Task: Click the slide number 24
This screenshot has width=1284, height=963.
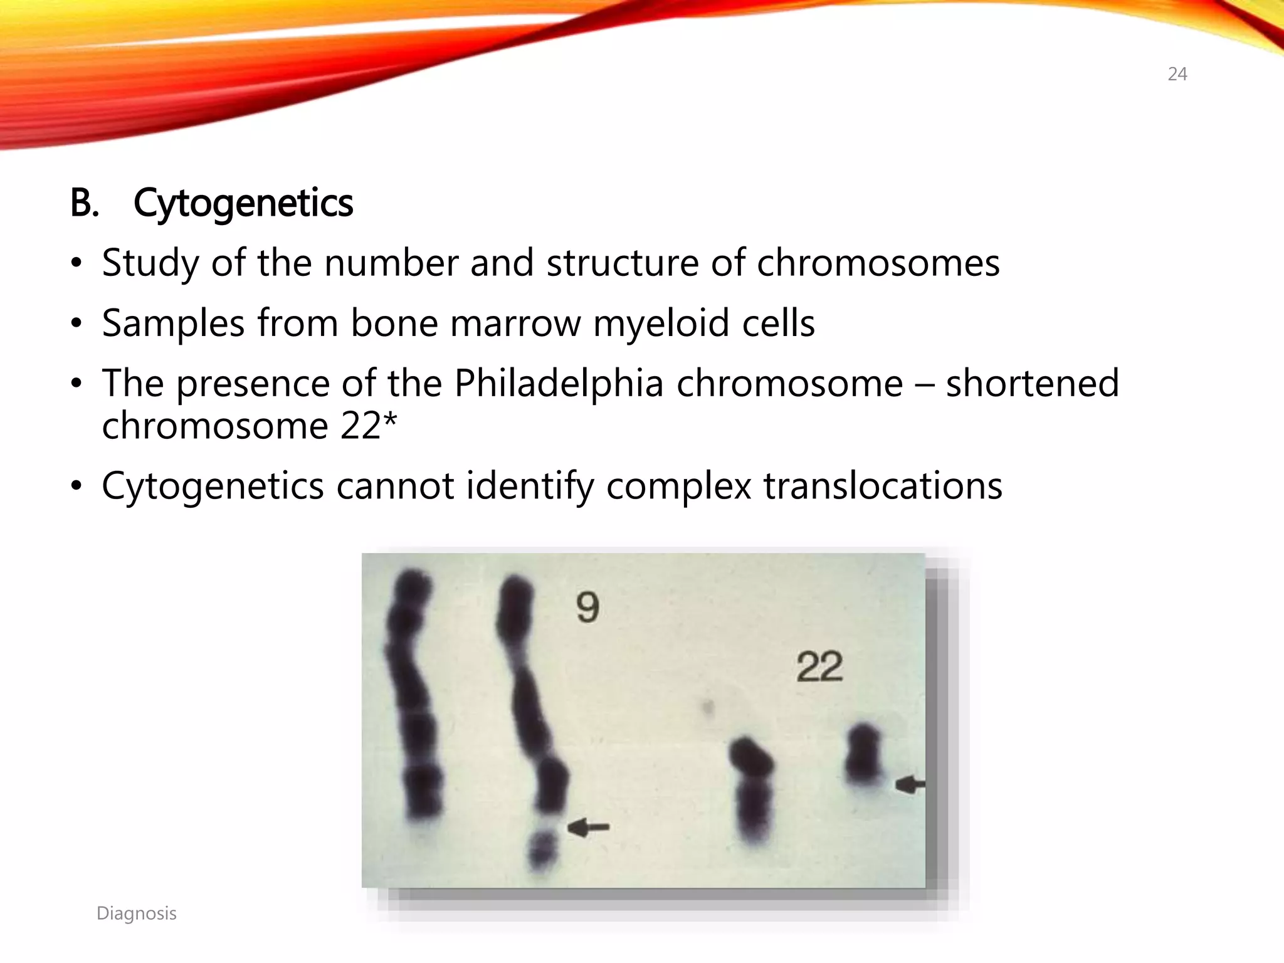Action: click(1177, 74)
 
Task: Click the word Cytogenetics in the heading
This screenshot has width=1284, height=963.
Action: click(243, 203)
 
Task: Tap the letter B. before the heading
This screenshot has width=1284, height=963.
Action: click(84, 203)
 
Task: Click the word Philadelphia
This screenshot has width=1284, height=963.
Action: click(558, 384)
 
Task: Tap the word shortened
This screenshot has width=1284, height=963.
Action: click(1032, 384)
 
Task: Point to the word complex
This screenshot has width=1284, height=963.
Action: click(678, 487)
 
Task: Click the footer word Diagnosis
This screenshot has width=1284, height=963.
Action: click(137, 913)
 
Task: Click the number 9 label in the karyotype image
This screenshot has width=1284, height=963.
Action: click(587, 608)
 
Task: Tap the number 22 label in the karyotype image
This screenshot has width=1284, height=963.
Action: click(819, 667)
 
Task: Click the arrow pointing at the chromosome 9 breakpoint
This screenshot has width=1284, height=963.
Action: click(588, 828)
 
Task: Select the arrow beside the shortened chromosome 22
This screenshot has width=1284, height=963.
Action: click(910, 784)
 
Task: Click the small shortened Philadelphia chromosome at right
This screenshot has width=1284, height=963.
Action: click(863, 755)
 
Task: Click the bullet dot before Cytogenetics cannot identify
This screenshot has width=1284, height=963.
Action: click(76, 486)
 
